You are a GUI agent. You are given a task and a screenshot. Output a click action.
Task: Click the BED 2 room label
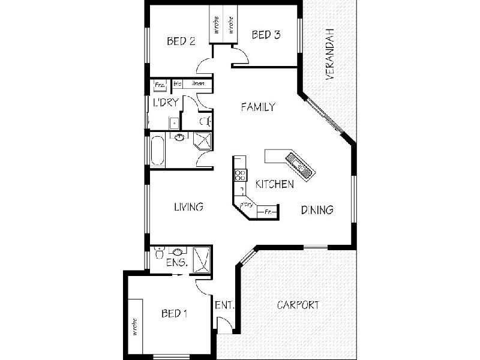(181, 41)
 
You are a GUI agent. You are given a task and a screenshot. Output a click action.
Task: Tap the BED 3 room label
(266, 35)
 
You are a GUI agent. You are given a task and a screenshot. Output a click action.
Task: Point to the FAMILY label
(257, 107)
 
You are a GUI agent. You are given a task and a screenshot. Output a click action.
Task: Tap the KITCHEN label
(274, 184)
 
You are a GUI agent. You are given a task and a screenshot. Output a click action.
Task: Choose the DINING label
(317, 210)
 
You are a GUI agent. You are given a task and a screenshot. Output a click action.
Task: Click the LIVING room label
(188, 207)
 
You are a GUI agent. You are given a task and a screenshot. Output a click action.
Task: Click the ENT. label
(224, 304)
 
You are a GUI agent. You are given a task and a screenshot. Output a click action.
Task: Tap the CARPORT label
(298, 305)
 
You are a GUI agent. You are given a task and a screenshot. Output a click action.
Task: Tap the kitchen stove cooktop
(240, 175)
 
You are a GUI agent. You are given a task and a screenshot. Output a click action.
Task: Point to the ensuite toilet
(158, 253)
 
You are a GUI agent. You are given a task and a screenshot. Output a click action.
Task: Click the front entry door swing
(224, 326)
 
